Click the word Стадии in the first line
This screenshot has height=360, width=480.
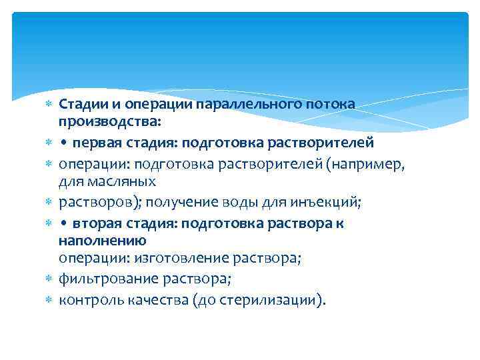pos(80,105)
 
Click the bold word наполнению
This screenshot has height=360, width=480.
pos(102,239)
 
